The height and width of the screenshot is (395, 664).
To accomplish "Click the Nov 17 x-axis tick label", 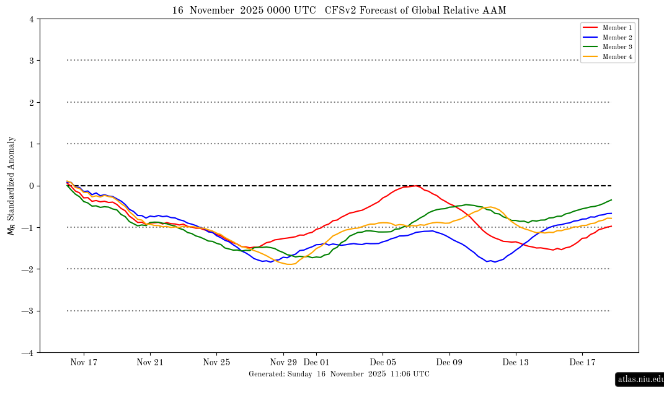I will tap(84, 362).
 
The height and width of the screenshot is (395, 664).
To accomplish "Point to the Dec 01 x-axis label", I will tap(316, 362).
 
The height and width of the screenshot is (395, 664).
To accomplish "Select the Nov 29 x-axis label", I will tap(283, 362).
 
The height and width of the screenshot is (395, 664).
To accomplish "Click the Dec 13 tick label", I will tap(516, 362).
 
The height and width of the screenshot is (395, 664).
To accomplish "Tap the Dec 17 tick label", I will tap(583, 362).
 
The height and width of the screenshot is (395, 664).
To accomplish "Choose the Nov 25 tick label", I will tap(217, 362).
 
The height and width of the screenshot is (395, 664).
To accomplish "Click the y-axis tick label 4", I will tap(31, 19).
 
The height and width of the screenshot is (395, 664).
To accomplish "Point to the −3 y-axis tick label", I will tap(29, 311).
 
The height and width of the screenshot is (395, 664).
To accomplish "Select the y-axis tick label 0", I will tap(31, 186).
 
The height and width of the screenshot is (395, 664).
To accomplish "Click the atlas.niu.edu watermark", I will tap(640, 379).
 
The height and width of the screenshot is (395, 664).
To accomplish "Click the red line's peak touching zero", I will tap(416, 186).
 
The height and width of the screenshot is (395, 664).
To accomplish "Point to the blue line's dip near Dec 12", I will tap(494, 262).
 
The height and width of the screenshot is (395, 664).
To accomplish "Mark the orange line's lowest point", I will tap(290, 264).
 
